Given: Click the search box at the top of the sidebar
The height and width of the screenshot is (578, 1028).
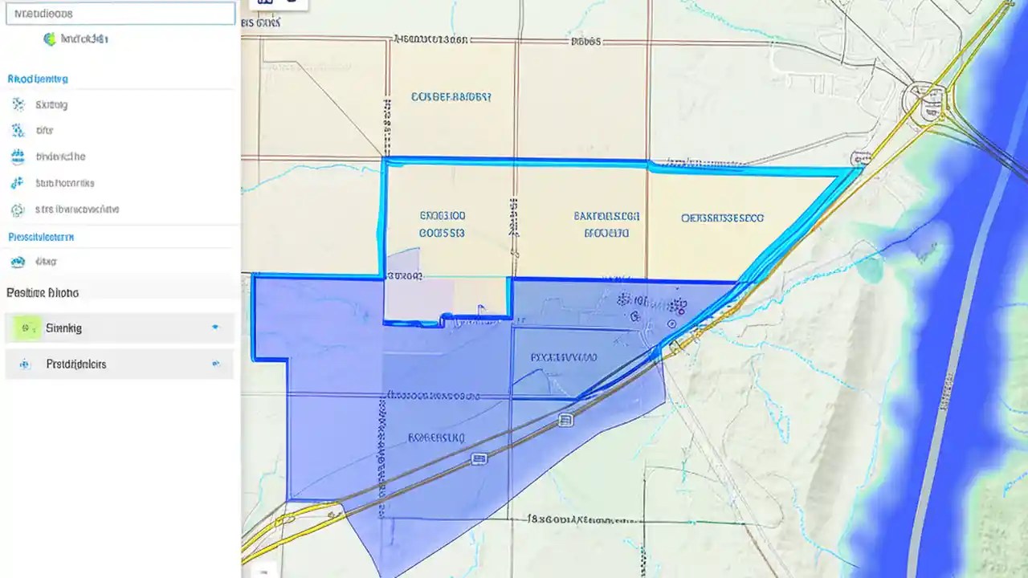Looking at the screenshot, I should pyautogui.click(x=120, y=14).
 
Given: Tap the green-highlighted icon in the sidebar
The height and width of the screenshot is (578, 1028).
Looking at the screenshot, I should pyautogui.click(x=27, y=328).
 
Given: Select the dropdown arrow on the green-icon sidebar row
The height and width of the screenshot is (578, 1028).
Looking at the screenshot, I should pyautogui.click(x=215, y=328).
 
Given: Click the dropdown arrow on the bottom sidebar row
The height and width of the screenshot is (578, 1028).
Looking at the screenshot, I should pyautogui.click(x=215, y=364).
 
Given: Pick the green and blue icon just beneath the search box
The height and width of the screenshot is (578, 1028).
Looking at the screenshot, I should pyautogui.click(x=50, y=39).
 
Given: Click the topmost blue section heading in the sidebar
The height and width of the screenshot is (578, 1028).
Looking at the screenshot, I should pyautogui.click(x=38, y=79).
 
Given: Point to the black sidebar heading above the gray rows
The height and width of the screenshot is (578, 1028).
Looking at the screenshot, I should pyautogui.click(x=43, y=293).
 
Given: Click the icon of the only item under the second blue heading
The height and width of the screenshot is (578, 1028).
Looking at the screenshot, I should pyautogui.click(x=17, y=261).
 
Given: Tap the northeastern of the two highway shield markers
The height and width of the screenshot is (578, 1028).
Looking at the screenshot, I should pyautogui.click(x=566, y=419).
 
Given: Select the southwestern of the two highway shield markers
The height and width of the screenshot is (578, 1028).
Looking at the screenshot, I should pyautogui.click(x=479, y=459).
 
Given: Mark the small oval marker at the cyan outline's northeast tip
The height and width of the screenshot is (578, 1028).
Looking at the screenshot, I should pyautogui.click(x=866, y=159).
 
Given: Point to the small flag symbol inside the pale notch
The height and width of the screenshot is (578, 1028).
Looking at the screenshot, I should pyautogui.click(x=479, y=308).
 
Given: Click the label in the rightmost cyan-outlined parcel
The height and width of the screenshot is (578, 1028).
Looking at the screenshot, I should pyautogui.click(x=722, y=218).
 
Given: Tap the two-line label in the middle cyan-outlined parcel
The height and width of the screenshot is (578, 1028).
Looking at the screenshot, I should pyautogui.click(x=606, y=225).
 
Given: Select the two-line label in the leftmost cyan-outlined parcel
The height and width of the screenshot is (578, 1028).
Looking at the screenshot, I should pyautogui.click(x=442, y=225).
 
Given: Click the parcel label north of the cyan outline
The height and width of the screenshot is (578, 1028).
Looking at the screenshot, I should pyautogui.click(x=451, y=97).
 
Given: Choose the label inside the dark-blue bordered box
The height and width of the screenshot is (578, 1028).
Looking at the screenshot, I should pyautogui.click(x=564, y=357).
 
